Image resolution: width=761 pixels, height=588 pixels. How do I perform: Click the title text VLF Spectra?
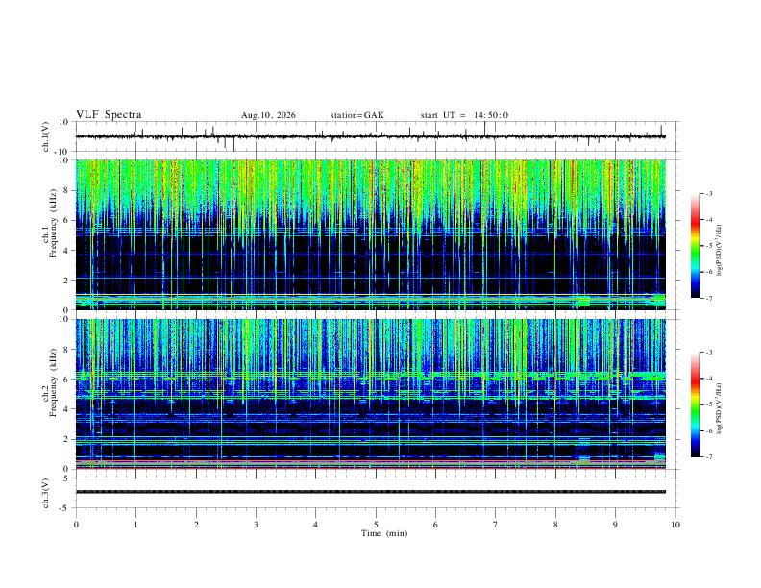pos(109,115)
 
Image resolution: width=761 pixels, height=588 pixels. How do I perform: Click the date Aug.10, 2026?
pos(268,115)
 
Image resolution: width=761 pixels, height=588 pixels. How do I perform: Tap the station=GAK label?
pos(356,115)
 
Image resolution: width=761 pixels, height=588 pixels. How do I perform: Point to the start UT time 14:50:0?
pos(491,115)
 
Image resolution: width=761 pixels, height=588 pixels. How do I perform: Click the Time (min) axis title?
pos(384,533)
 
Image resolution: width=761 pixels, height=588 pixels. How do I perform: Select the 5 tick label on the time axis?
pos(376,525)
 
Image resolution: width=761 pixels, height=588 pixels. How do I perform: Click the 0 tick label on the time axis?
pos(76,525)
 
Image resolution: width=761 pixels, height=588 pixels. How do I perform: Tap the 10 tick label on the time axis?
pos(675,525)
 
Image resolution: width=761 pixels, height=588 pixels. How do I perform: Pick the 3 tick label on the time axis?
pos(256,525)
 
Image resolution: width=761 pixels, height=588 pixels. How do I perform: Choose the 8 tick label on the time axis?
pos(555,525)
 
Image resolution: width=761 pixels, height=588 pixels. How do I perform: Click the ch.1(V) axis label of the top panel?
pos(46,136)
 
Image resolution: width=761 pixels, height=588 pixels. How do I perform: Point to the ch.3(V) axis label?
pos(46,493)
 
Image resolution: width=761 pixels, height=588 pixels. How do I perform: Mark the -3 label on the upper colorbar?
pos(709,193)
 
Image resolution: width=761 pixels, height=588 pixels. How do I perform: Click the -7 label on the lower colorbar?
pos(709,456)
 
